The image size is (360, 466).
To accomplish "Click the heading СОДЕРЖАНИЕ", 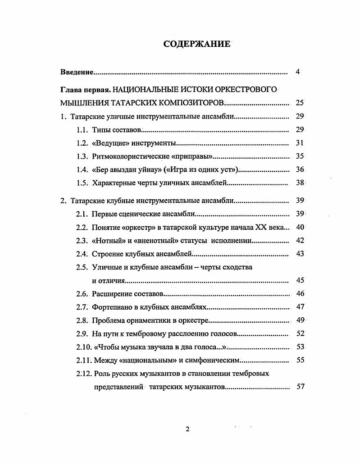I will (196, 44).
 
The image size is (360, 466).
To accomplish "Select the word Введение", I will (77, 72).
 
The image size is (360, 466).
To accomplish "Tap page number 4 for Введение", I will (298, 72).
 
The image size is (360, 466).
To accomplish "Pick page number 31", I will (300, 143).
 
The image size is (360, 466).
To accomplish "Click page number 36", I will (300, 169).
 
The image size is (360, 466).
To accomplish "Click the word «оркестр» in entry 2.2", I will (135, 227).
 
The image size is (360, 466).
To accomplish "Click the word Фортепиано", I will (111, 307).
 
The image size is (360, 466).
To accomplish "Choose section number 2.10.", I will (83, 347).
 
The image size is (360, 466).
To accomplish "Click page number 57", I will (301, 386).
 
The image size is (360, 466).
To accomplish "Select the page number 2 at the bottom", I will (187, 429).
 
